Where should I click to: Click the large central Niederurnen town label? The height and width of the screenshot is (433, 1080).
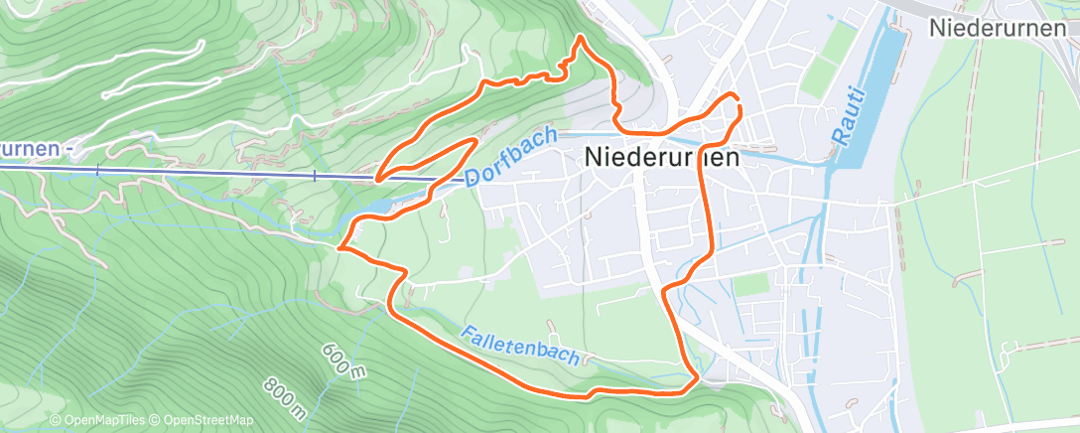coord(663,156)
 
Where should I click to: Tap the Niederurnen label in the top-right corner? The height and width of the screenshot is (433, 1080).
coord(1003,28)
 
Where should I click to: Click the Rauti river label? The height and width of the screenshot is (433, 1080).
coord(852,117)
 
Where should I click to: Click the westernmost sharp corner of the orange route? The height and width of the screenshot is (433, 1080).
coord(339,248)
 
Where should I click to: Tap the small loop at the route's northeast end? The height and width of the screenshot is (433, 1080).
coord(733,102)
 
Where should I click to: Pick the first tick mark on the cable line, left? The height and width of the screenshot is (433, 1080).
coord(97,171)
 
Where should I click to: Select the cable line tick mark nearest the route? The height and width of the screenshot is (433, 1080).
coord(315,176)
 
